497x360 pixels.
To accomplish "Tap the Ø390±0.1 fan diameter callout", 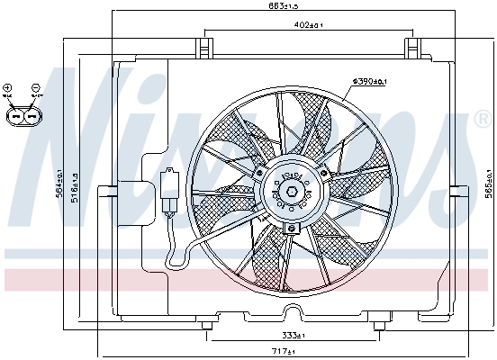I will point(368,82).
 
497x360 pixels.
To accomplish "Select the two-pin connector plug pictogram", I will point(22,116).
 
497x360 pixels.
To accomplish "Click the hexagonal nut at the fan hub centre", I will point(291,191).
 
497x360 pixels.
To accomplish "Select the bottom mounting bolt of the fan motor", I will point(290,229).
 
